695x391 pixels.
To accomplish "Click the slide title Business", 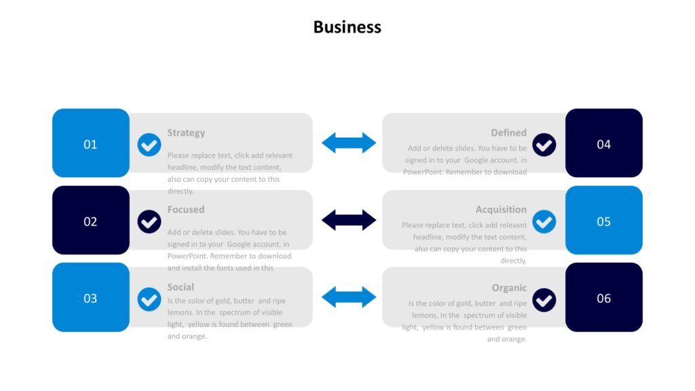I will tap(347, 27).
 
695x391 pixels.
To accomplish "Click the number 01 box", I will tap(90, 143).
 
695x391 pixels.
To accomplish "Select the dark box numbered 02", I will tap(90, 221).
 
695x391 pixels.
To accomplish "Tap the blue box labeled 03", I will tap(90, 297).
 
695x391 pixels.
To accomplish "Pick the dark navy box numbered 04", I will tap(603, 143).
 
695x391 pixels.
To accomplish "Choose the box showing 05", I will tap(603, 221).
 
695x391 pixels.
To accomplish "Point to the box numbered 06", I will tap(603, 297).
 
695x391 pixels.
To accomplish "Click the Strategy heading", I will tap(186, 132).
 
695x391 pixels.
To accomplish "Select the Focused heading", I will tap(186, 209).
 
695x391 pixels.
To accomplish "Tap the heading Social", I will tap(181, 286).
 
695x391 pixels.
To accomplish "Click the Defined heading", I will tap(508, 132).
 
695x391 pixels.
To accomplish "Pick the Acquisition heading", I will tap(501, 209).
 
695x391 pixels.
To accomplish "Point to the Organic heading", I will tap(509, 287).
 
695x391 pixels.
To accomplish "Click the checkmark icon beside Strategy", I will tap(149, 145).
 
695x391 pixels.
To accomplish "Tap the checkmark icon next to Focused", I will tap(149, 221).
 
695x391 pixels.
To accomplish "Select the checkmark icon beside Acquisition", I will tap(544, 221).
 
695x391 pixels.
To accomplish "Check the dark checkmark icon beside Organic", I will tap(544, 299).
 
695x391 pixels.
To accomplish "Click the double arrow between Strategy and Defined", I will tap(348, 143).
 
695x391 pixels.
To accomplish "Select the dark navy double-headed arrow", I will tap(348, 220).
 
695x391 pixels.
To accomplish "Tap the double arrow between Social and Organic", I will tap(348, 297).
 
